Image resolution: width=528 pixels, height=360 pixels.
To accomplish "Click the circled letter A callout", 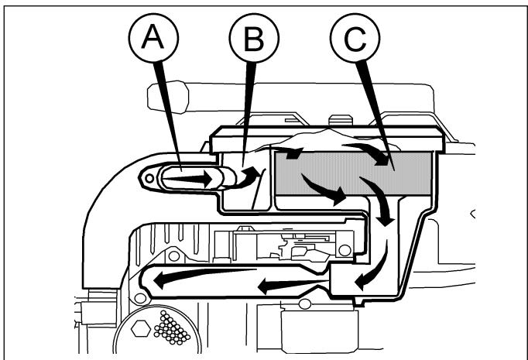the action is [x=153, y=38].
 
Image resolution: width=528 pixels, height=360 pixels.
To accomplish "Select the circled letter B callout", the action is [x=254, y=38].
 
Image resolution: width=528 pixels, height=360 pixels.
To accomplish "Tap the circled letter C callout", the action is [x=355, y=38].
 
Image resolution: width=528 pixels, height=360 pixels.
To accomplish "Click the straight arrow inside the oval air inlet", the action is [x=188, y=179].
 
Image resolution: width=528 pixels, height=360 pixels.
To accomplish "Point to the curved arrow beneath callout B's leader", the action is [x=250, y=177].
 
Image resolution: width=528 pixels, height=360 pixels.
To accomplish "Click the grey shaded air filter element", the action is [x=354, y=173].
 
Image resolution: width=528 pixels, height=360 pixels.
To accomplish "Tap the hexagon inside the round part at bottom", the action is [x=141, y=328].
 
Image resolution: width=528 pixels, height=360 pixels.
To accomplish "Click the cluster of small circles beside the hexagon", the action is [x=172, y=328].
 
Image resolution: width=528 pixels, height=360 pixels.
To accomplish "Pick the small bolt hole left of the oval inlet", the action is [x=149, y=178].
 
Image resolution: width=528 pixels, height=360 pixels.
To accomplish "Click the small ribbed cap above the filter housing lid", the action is [x=341, y=120].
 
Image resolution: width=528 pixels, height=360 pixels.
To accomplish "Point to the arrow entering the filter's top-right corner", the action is [x=367, y=153].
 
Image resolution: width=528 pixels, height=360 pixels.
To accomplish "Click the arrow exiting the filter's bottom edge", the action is [x=324, y=189].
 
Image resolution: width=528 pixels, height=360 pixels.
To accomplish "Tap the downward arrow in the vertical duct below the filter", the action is [x=379, y=201].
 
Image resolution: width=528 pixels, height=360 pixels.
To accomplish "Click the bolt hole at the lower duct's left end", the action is [x=140, y=298].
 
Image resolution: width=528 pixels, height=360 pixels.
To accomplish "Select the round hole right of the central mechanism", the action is [x=345, y=250].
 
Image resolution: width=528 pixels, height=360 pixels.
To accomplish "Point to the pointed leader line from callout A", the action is [x=167, y=116].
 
